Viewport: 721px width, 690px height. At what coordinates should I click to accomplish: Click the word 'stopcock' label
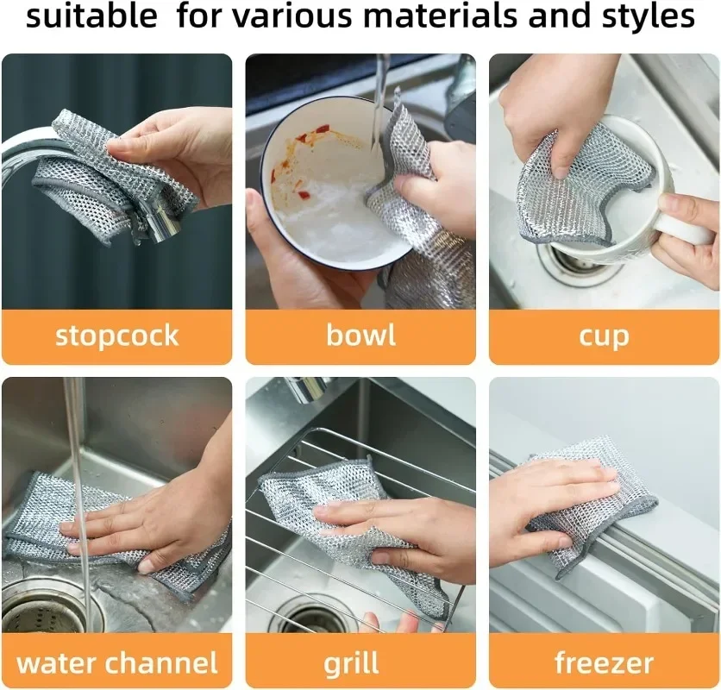pos(116,335)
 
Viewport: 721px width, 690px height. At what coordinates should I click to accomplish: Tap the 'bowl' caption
pos(360,335)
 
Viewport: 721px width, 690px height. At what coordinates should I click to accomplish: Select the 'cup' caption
pos(604,336)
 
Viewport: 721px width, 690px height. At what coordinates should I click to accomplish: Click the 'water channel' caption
pos(116,662)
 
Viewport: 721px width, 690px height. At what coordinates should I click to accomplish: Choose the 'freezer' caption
pos(604,662)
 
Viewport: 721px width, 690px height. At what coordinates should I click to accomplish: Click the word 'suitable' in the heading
pos(91,16)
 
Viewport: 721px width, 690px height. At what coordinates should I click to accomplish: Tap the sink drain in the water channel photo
pos(52,604)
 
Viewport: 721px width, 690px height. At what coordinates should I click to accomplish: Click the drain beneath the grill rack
pos(310,616)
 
